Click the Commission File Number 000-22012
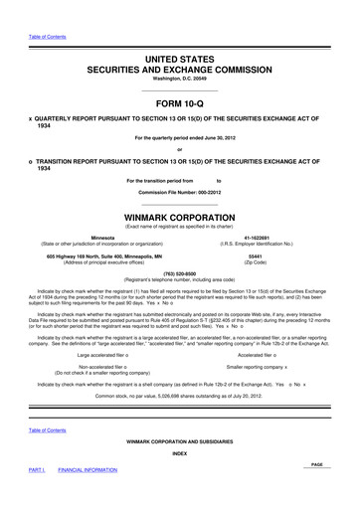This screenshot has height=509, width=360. click(x=180, y=190)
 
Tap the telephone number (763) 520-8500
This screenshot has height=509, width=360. click(x=180, y=277)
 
